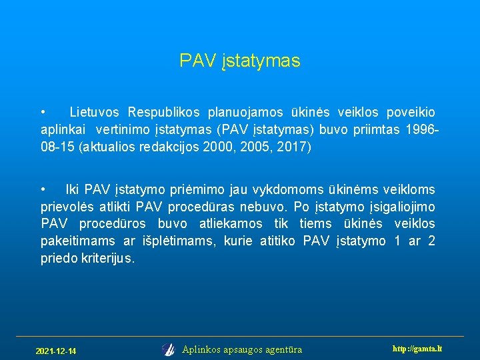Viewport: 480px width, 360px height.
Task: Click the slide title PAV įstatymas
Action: coord(240,61)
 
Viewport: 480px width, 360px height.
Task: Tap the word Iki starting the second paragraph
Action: coord(72,189)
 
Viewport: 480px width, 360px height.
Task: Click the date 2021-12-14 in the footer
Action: coord(56,351)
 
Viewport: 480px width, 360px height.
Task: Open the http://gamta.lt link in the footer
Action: coord(418,349)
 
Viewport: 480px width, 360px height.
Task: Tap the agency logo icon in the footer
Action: coord(168,349)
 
